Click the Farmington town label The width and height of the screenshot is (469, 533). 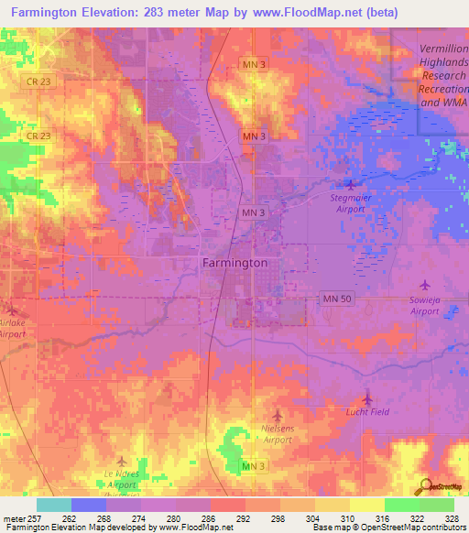tap(234, 263)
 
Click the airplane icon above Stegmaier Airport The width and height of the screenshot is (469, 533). tap(350, 185)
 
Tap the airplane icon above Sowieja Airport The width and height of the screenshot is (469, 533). tap(423, 287)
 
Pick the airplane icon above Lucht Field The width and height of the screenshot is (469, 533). tap(367, 398)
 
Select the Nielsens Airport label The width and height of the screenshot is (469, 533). tap(279, 433)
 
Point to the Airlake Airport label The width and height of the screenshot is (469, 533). tap(12, 329)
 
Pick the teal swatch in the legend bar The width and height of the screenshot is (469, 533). tap(53, 505)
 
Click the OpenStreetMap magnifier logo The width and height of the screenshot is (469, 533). tap(424, 485)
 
